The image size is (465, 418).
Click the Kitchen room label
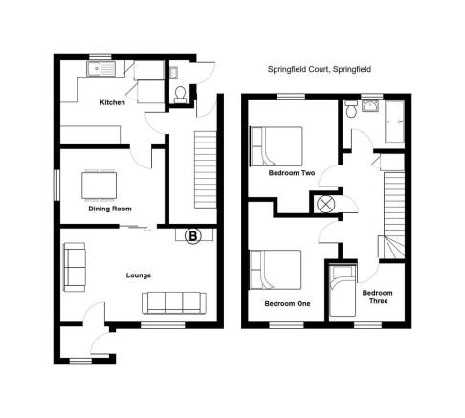pyautogui.click(x=112, y=102)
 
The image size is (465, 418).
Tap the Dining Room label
pyautogui.click(x=110, y=209)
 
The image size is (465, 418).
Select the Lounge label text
pyautogui.click(x=139, y=275)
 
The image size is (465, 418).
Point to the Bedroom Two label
pyautogui.click(x=292, y=173)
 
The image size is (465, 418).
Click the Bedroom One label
pyautogui.click(x=287, y=304)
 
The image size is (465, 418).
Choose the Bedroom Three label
pyautogui.click(x=378, y=297)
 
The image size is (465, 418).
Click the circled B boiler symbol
pyautogui.click(x=193, y=236)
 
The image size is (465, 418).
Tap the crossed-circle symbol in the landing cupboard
pyautogui.click(x=326, y=204)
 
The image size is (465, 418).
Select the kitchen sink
pyautogui.click(x=100, y=69)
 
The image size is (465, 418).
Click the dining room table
pyautogui.click(x=99, y=186)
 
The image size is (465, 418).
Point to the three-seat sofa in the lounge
pyautogui.click(x=174, y=302)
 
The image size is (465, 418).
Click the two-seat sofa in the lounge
pyautogui.click(x=75, y=267)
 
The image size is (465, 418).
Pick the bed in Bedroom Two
pyautogui.click(x=277, y=146)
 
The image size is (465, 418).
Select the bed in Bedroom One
pyautogui.click(x=276, y=270)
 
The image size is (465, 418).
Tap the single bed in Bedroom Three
pyautogui.click(x=343, y=291)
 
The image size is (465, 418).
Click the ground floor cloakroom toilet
pyautogui.click(x=180, y=95)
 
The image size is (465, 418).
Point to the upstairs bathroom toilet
pyautogui.click(x=352, y=109)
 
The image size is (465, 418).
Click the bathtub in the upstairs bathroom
pyautogui.click(x=395, y=121)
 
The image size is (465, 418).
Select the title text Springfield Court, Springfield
pyautogui.click(x=320, y=69)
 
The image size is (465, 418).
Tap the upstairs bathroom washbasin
pyautogui.click(x=370, y=106)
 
